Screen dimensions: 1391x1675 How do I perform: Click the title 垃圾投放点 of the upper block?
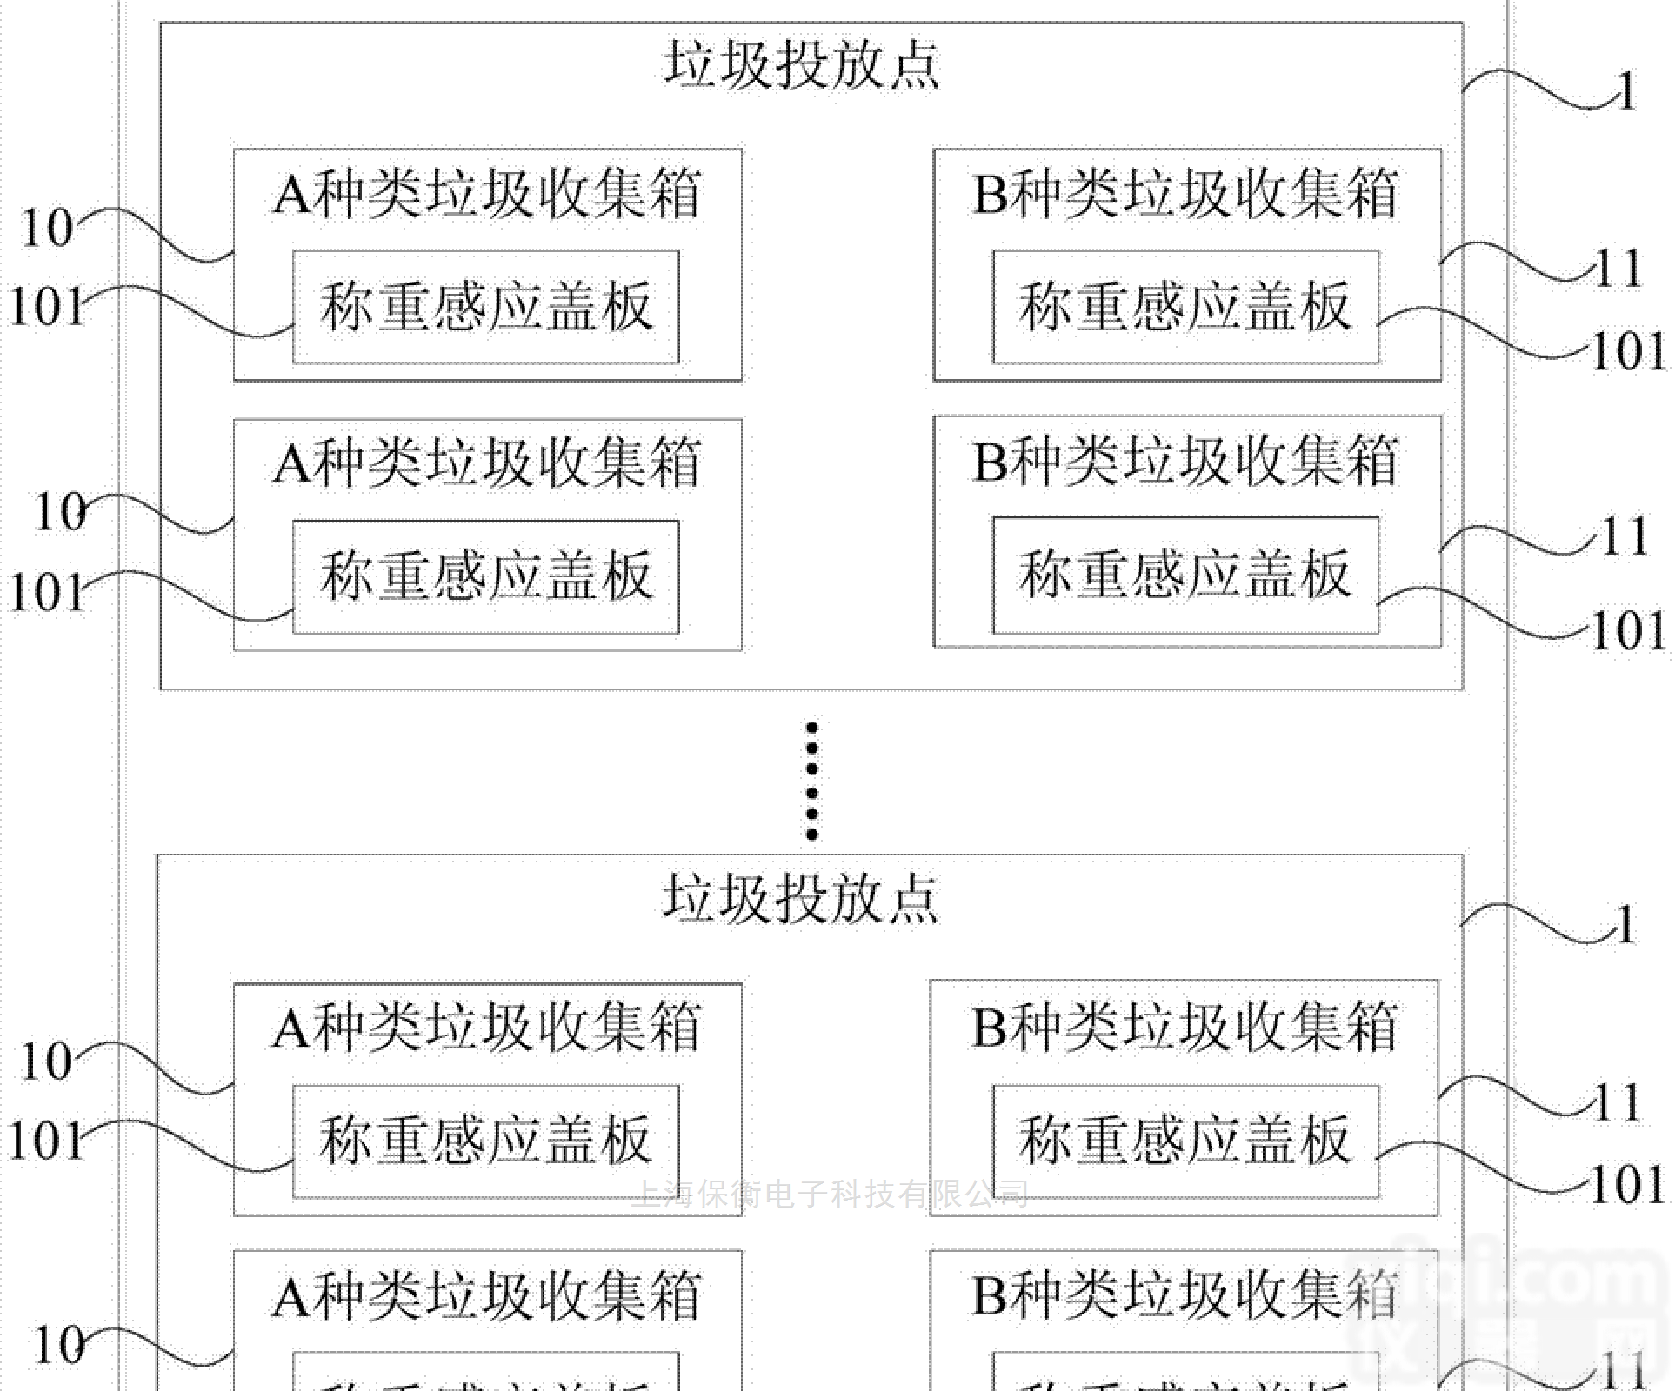pyautogui.click(x=801, y=65)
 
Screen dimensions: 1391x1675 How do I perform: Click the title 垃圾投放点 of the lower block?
pyautogui.click(x=801, y=898)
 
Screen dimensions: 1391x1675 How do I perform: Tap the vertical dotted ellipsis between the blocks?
pyautogui.click(x=811, y=780)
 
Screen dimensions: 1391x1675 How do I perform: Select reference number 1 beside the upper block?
pyautogui.click(x=1625, y=91)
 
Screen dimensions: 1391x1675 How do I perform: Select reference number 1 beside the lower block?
pyautogui.click(x=1625, y=924)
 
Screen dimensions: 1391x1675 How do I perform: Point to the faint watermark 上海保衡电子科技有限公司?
pyautogui.click(x=831, y=1195)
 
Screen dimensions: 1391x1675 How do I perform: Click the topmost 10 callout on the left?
pyautogui.click(x=47, y=228)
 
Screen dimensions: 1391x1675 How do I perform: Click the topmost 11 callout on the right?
pyautogui.click(x=1618, y=268)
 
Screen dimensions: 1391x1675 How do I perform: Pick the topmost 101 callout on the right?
pyautogui.click(x=1627, y=351)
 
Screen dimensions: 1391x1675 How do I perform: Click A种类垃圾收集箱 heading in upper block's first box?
pyautogui.click(x=487, y=193)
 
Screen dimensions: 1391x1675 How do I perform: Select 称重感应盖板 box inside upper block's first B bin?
pyautogui.click(x=1185, y=307)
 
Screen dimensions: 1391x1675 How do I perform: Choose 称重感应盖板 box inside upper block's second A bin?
pyautogui.click(x=485, y=576)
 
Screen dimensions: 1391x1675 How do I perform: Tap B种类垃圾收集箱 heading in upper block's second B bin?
pyautogui.click(x=1185, y=460)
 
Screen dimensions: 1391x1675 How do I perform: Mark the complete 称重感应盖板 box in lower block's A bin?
pyautogui.click(x=485, y=1141)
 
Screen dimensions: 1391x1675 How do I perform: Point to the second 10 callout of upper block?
pyautogui.click(x=60, y=511)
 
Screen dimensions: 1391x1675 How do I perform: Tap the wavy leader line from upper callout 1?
pyautogui.click(x=1531, y=87)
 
